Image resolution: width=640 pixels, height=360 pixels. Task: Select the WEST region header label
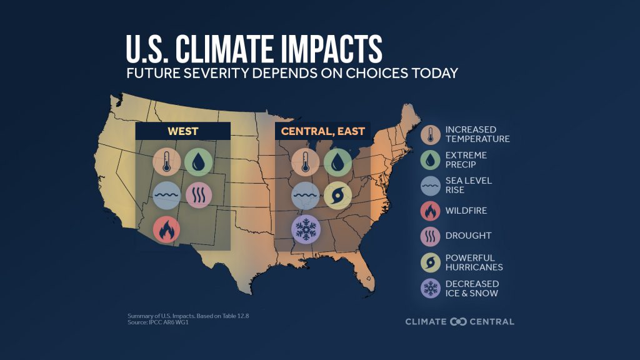click(x=183, y=131)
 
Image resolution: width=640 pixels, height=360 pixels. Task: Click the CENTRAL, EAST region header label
click(x=323, y=131)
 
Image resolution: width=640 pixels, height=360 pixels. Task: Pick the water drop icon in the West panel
click(x=198, y=162)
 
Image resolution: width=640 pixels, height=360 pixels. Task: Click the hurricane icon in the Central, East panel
click(x=337, y=195)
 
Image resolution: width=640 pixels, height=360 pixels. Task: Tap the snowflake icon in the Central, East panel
click(x=306, y=229)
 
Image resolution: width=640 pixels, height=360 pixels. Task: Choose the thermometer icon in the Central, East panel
click(x=306, y=162)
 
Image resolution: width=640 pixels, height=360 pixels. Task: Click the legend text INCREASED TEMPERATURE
click(x=477, y=134)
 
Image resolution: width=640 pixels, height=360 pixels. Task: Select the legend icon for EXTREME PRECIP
click(x=431, y=159)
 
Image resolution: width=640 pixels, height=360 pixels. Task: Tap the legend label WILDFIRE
click(x=466, y=211)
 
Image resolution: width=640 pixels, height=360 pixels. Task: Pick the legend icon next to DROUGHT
click(x=431, y=236)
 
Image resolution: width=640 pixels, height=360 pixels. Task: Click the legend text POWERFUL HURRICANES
click(x=474, y=262)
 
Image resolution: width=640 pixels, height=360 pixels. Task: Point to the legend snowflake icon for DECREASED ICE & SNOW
click(x=431, y=287)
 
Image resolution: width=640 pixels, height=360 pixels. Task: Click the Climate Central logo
click(x=459, y=321)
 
